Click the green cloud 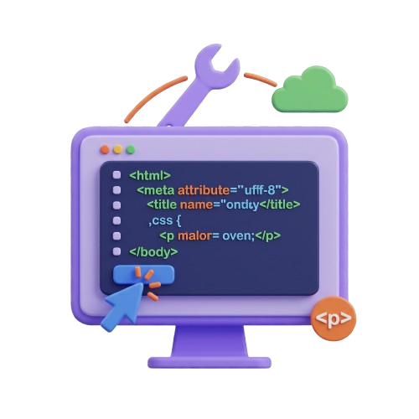click(310, 91)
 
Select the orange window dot click(105, 150)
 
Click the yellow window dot click(118, 150)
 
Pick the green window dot click(131, 150)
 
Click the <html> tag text click(150, 175)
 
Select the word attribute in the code click(204, 190)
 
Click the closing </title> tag click(280, 204)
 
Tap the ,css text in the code click(161, 220)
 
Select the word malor click(194, 235)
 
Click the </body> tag click(153, 252)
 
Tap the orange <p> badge click(334, 318)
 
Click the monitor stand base click(209, 363)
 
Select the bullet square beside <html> click(116, 175)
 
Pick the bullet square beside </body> click(116, 251)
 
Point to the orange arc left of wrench click(153, 94)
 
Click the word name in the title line click(196, 205)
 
